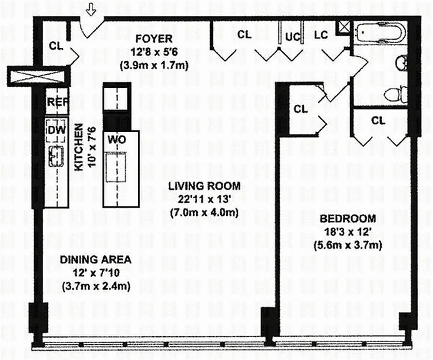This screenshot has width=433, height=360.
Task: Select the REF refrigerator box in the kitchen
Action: click(x=57, y=102)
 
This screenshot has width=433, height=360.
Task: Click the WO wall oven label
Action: click(x=116, y=139)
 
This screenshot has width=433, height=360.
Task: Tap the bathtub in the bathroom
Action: click(x=381, y=32)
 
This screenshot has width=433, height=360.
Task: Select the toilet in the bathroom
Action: click(x=395, y=95)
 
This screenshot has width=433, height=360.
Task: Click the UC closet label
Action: click(x=290, y=35)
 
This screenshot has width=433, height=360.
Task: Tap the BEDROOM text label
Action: click(x=347, y=219)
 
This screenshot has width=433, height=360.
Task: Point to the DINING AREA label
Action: click(x=95, y=260)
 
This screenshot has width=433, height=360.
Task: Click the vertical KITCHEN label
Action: click(x=78, y=148)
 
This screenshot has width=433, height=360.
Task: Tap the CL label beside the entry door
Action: click(x=57, y=45)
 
